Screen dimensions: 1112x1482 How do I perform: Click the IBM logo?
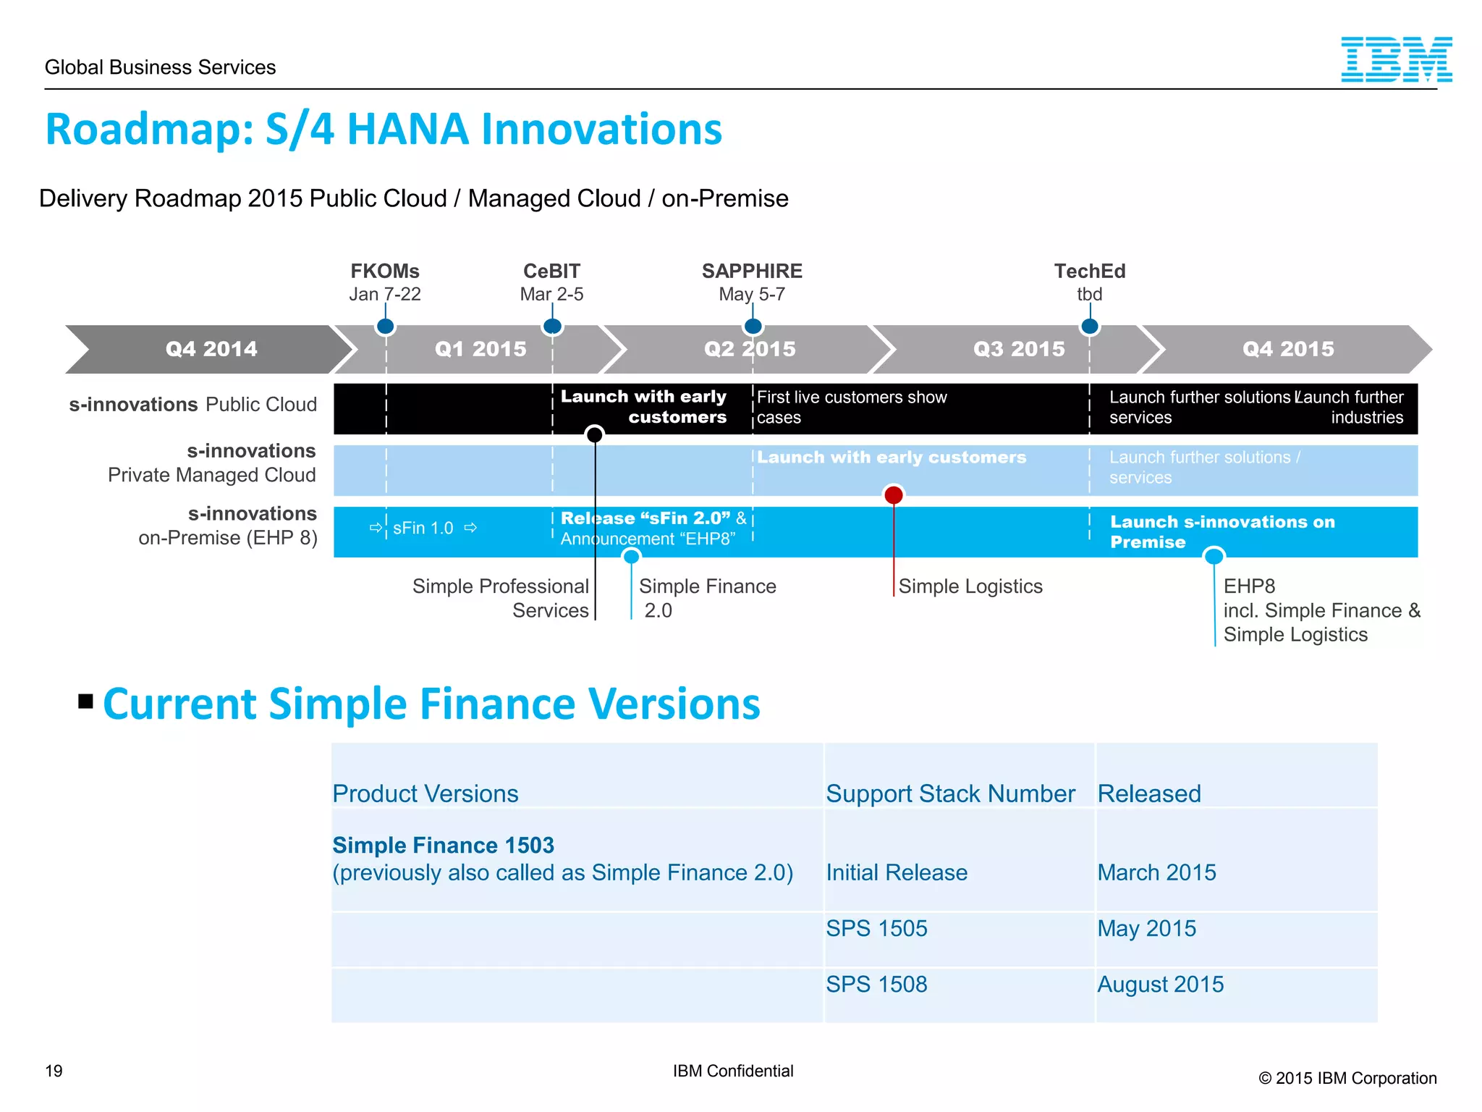(x=1396, y=59)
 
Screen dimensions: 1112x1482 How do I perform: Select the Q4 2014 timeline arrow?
(x=211, y=349)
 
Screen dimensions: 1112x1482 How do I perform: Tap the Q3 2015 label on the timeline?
(x=1019, y=349)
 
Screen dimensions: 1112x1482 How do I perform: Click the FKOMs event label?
(x=385, y=271)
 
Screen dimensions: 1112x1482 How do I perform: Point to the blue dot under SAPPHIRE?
(x=753, y=327)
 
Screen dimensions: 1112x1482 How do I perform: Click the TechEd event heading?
(x=1089, y=271)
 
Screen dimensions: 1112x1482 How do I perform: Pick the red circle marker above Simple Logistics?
(x=894, y=495)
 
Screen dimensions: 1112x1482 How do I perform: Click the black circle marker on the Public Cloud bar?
(x=594, y=434)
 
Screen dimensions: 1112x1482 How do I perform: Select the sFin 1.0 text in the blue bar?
(x=423, y=528)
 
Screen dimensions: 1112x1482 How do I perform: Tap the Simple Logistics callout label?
(x=970, y=586)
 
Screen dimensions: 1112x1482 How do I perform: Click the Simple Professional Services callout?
(x=501, y=598)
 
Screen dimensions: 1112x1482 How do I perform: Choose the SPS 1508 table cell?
(x=876, y=985)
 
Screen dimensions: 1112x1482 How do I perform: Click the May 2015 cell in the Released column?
(x=1146, y=929)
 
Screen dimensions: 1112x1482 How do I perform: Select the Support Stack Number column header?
(x=950, y=794)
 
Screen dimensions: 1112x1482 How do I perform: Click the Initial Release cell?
(x=897, y=873)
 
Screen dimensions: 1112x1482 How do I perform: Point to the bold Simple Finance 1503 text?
(x=443, y=846)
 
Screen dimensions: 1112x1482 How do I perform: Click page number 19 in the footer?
(x=54, y=1071)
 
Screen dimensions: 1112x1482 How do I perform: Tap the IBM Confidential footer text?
(x=732, y=1071)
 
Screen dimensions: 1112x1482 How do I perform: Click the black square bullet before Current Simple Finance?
(x=86, y=701)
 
